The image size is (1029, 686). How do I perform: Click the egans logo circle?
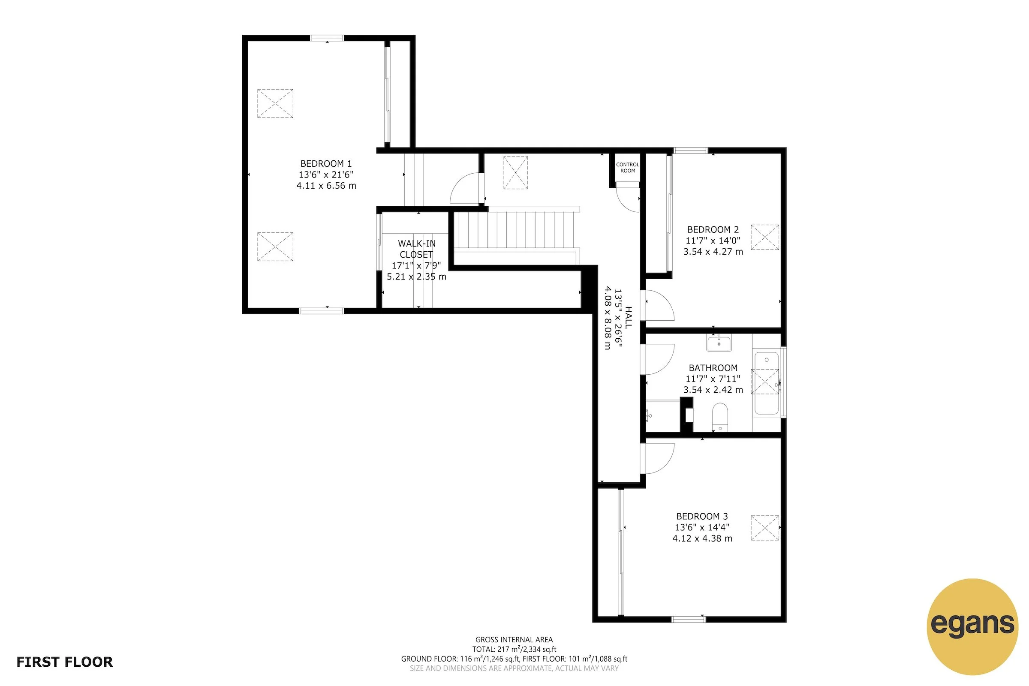point(972,626)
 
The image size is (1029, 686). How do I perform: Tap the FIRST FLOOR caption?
point(65,662)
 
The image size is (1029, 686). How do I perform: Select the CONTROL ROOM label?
point(627,168)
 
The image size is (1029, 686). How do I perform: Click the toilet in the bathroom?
point(720,417)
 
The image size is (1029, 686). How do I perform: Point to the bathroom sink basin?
point(719,343)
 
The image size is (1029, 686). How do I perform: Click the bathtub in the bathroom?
point(767,383)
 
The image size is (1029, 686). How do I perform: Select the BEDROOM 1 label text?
point(326,164)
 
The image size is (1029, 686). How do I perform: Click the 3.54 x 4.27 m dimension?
point(713,252)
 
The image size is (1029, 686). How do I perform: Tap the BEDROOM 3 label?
point(702,516)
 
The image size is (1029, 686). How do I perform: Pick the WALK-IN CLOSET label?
point(416,249)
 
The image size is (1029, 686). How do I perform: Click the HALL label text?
point(628,318)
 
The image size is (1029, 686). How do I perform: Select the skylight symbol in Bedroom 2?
point(765,237)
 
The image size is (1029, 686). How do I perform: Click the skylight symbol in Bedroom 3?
point(765,528)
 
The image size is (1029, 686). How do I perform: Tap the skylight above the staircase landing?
point(515,172)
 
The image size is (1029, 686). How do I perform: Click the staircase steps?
point(516,230)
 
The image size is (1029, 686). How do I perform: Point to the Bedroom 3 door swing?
point(659,458)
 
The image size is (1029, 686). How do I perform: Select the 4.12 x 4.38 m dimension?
point(702,539)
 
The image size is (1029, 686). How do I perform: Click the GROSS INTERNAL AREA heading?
point(514,640)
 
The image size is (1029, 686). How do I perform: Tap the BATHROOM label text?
point(713,368)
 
